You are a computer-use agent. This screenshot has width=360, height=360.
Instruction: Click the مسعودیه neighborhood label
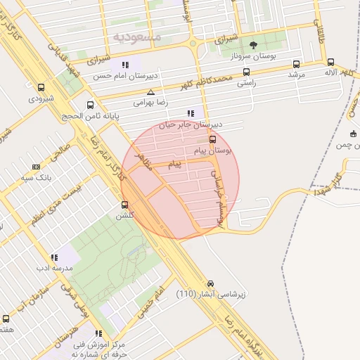pyautogui.click(x=136, y=35)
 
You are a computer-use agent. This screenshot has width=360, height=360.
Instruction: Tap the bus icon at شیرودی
pyautogui.click(x=41, y=88)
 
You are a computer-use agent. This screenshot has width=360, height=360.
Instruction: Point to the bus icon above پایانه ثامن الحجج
pyautogui.click(x=89, y=105)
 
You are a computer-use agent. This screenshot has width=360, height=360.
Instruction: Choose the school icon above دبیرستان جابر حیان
pyautogui.click(x=191, y=113)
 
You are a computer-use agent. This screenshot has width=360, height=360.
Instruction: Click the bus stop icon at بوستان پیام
pyautogui.click(x=213, y=139)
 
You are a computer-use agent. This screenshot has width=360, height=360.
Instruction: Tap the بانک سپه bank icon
pyautogui.click(x=36, y=167)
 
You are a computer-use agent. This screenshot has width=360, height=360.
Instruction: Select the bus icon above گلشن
pyautogui.click(x=125, y=205)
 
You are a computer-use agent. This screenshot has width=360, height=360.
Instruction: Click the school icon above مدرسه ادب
pyautogui.click(x=54, y=258)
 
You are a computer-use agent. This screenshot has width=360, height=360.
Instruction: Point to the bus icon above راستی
pyautogui.click(x=246, y=71)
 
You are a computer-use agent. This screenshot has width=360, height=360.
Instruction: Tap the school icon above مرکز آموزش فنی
pyautogui.click(x=98, y=333)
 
